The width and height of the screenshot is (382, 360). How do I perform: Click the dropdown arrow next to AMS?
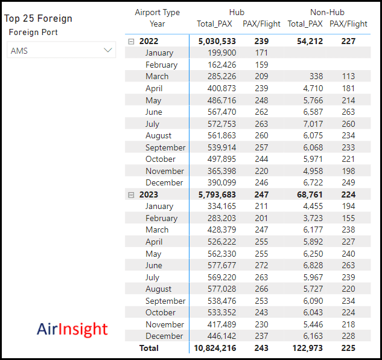109,51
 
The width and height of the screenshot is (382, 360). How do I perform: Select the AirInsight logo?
72,329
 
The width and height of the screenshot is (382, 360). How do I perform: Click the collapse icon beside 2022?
131,41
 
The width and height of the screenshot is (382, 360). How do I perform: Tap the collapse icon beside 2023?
131,194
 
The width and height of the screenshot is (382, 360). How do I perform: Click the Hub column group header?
237,12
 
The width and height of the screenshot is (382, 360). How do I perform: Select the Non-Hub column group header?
326,12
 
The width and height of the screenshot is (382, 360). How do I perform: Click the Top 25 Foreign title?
39,18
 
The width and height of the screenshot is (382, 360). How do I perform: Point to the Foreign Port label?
33,32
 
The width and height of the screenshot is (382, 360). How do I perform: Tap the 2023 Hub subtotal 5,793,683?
215,194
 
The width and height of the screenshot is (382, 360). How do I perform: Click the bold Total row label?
148,348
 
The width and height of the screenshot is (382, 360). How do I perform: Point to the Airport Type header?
157,12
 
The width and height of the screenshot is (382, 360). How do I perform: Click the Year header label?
158,24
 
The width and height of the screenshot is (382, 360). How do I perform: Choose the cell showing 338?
316,77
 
